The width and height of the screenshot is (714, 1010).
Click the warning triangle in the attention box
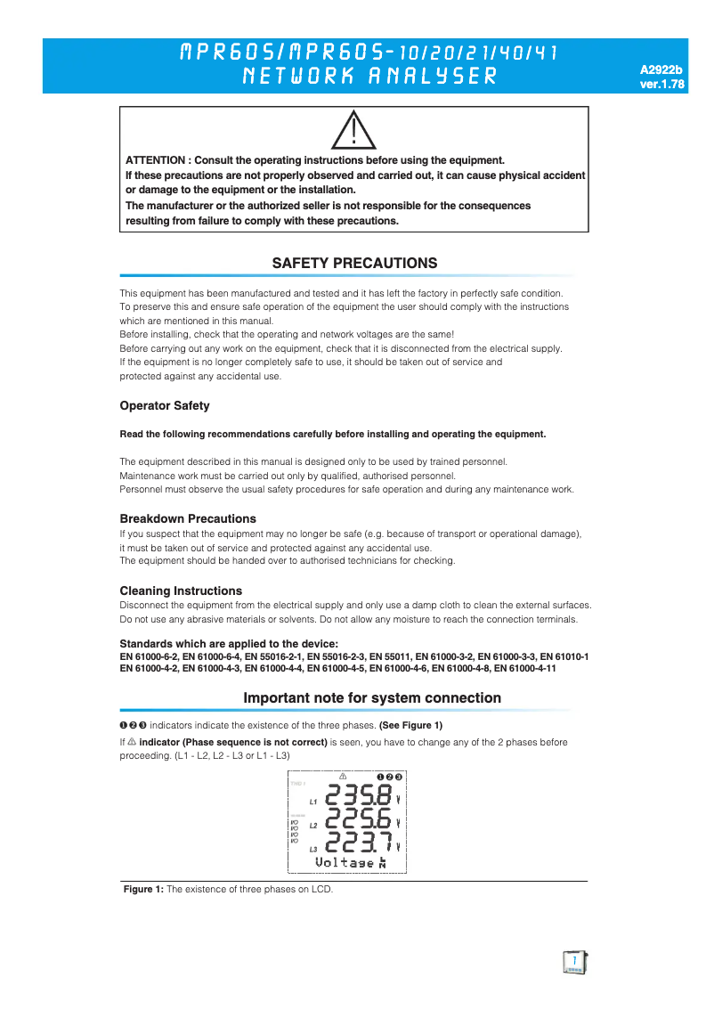pyautogui.click(x=353, y=131)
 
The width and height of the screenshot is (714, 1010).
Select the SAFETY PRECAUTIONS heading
pyautogui.click(x=354, y=264)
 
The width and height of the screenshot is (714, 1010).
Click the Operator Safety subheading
pyautogui.click(x=165, y=406)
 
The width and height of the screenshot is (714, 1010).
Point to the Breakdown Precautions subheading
pyautogui.click(x=188, y=518)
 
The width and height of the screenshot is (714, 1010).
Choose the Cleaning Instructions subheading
pyautogui.click(x=181, y=591)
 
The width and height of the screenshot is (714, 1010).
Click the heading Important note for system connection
pyautogui.click(x=372, y=698)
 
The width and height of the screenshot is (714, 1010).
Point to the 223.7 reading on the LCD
pyautogui.click(x=359, y=842)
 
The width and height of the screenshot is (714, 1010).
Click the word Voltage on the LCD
pyautogui.click(x=345, y=863)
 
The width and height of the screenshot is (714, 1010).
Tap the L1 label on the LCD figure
pyautogui.click(x=312, y=802)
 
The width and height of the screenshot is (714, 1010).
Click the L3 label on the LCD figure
pyautogui.click(x=312, y=849)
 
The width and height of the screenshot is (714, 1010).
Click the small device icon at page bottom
pyautogui.click(x=575, y=962)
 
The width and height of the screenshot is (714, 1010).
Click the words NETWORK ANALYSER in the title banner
pyautogui.click(x=369, y=76)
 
